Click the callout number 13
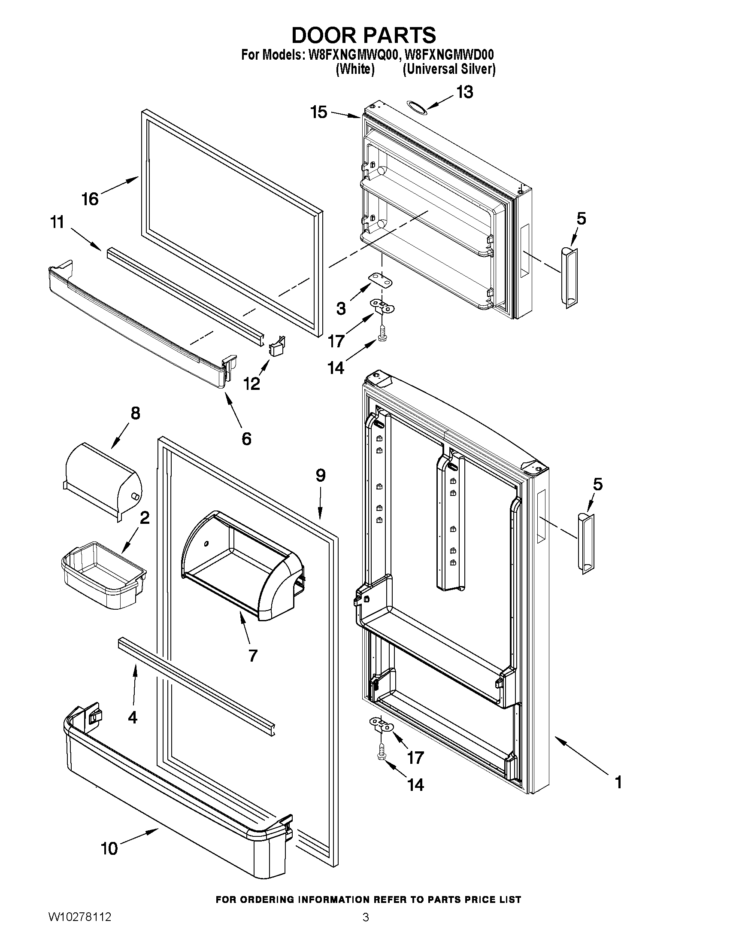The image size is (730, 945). click(465, 92)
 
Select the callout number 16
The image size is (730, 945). click(91, 199)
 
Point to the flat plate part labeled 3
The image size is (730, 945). click(381, 279)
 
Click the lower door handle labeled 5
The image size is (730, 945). click(585, 543)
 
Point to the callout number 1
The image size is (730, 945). click(618, 782)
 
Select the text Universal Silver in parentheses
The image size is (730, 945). click(449, 69)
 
